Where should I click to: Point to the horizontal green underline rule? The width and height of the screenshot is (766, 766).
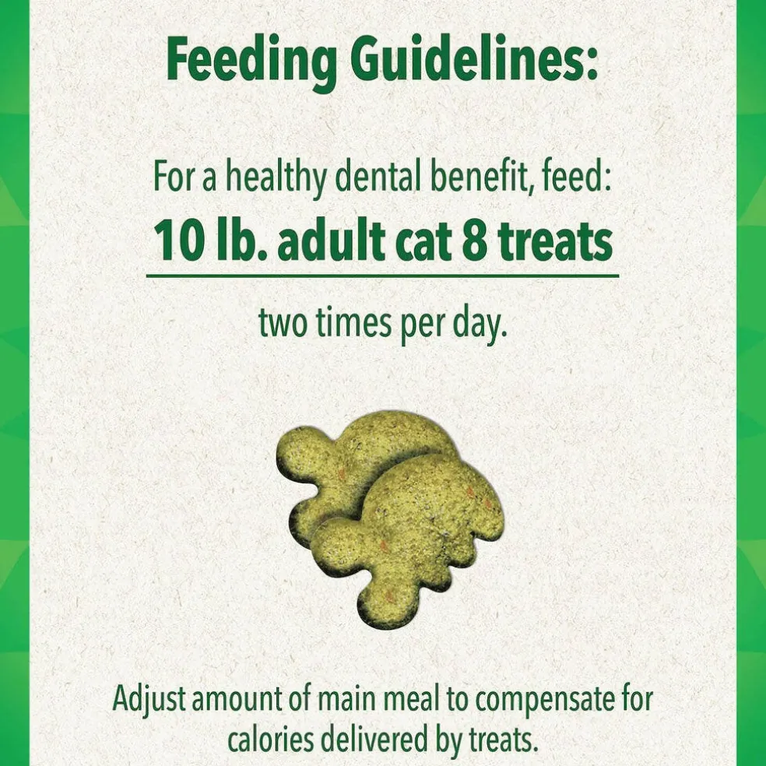pos(382,276)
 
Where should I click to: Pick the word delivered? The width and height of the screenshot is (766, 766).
pos(378,740)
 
